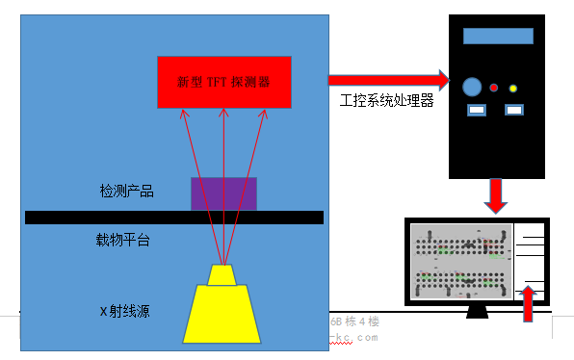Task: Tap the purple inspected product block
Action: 223,193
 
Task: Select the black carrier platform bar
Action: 173,218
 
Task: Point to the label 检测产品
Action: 126,192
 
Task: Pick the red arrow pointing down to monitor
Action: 496,195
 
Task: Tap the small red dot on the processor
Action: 494,88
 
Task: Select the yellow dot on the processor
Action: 513,89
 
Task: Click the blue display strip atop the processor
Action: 498,36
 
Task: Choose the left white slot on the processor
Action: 476,111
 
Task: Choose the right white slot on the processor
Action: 514,111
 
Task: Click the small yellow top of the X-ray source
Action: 223,275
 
